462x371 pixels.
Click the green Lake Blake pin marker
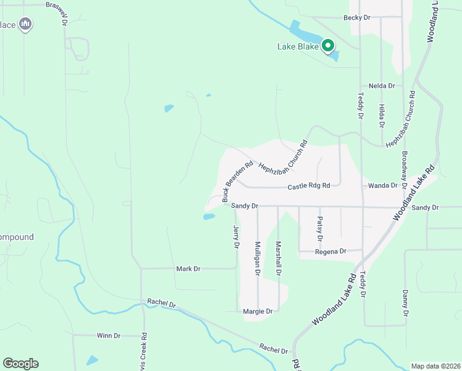pos(328,46)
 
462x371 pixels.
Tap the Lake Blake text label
pos(298,46)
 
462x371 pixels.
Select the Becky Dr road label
pos(357,18)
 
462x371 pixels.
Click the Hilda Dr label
pos(382,116)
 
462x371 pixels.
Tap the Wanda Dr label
pos(382,185)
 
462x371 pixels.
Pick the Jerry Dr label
pos(236,237)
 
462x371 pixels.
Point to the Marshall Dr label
pos(279,258)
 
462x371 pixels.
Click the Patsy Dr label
pos(319,228)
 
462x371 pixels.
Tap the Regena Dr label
pos(330,252)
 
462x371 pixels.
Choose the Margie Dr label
pos(258,312)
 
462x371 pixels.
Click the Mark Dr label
pos(188,269)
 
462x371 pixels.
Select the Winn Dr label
pos(108,336)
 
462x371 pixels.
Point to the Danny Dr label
pos(405,303)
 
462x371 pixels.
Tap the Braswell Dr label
pos(64,12)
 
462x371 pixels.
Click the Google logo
pos(20,364)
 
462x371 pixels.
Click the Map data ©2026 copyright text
pos(435,366)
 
